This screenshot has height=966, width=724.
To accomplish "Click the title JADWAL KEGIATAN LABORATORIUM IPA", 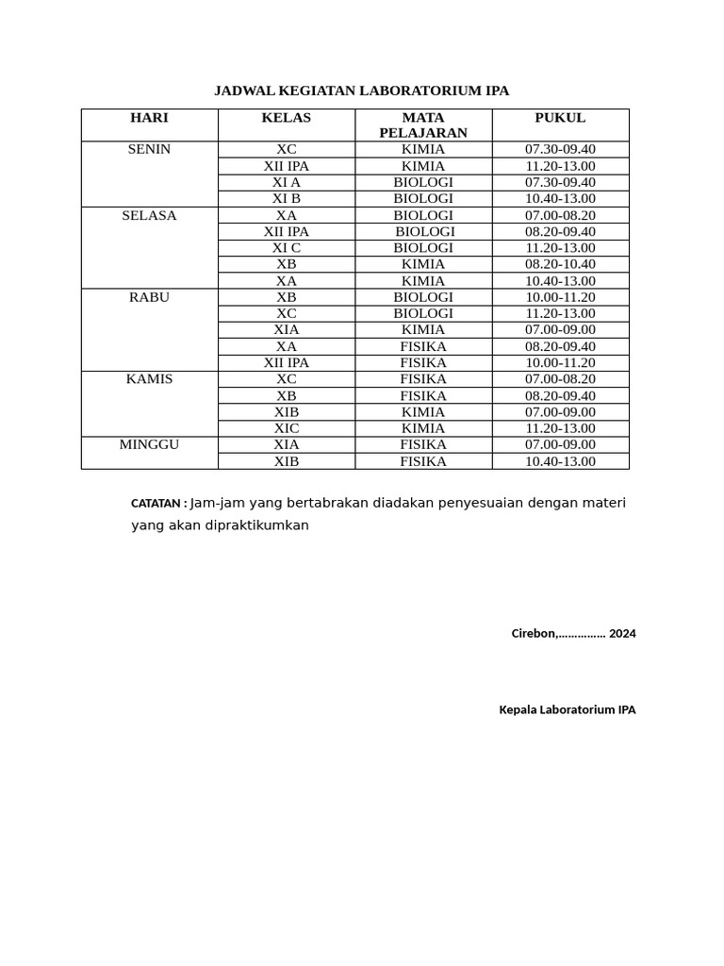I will click(361, 91).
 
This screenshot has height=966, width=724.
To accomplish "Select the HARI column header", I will click(149, 118).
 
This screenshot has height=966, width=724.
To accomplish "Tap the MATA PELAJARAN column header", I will click(423, 125).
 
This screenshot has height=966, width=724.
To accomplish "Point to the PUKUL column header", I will click(560, 118).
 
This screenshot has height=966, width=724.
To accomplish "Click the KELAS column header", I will click(286, 118).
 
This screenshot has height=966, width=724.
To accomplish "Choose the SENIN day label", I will click(149, 149).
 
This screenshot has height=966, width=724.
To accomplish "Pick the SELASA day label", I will click(149, 215).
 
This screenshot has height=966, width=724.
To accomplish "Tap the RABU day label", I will click(149, 297).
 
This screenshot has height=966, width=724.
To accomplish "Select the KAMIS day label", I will click(149, 379).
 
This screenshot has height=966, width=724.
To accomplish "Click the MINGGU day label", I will click(149, 444).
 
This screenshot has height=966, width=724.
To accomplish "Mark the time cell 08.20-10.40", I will click(560, 264).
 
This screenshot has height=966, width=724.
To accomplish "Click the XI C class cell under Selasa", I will click(286, 248).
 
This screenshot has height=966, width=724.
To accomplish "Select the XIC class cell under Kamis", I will click(286, 428).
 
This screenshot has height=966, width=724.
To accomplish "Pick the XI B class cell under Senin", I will click(286, 199).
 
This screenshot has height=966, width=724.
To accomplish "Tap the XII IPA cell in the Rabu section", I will click(286, 362).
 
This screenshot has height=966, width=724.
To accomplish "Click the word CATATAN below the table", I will click(156, 504).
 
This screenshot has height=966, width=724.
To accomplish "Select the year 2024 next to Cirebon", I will click(622, 634).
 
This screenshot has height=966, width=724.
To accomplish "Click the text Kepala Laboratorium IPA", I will click(567, 709).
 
